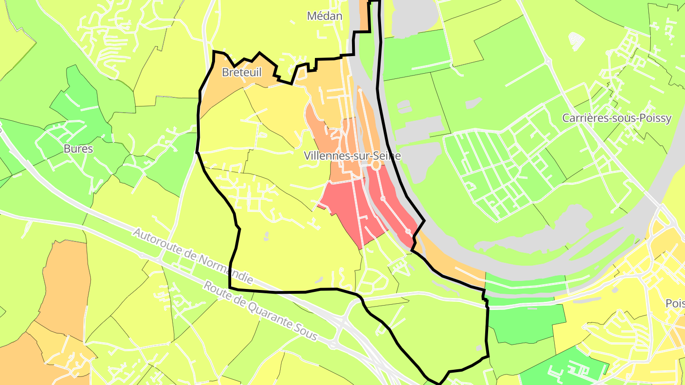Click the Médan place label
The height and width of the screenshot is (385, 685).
click(324, 16)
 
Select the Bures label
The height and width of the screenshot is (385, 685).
click(78, 149)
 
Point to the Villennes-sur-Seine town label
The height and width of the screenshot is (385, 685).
click(352, 155)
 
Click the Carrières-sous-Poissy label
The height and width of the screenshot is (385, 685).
click(616, 118)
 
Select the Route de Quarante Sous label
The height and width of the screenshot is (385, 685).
click(260, 310)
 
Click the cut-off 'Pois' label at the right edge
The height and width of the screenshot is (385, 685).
click(675, 303)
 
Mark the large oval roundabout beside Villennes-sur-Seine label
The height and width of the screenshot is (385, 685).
click(375, 165)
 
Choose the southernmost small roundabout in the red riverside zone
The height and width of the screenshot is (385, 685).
click(408, 231)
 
